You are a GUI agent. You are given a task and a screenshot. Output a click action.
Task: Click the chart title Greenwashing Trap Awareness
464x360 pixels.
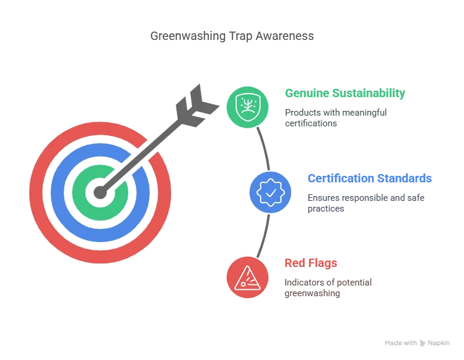click(x=232, y=36)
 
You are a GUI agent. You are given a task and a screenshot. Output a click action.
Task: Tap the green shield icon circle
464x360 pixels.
click(x=248, y=107)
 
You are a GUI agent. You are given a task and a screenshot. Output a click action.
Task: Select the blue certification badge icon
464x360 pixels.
click(x=270, y=193)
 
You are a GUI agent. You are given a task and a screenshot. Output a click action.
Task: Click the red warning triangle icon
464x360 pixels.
click(x=248, y=278)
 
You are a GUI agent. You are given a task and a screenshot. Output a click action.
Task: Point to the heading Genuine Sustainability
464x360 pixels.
click(x=345, y=93)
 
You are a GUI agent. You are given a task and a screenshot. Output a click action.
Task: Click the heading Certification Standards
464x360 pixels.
click(x=370, y=178)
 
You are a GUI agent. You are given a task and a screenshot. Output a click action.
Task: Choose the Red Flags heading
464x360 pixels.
click(x=311, y=263)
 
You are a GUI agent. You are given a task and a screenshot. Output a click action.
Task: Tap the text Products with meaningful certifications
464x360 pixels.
click(x=336, y=118)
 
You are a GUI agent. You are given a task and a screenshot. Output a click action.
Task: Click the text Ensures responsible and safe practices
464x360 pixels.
click(x=366, y=203)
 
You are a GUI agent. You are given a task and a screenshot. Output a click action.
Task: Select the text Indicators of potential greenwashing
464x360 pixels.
click(x=328, y=288)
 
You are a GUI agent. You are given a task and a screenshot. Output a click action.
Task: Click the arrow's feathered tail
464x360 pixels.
click(x=196, y=106)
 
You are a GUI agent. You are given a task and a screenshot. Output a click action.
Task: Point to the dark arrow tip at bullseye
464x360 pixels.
click(x=100, y=193)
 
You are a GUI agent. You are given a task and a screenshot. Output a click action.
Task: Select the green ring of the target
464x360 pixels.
click(x=79, y=193)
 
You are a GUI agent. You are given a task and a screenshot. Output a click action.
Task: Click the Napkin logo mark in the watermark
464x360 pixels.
click(x=423, y=343)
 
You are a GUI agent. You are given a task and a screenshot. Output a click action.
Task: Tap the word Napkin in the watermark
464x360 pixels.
click(x=438, y=343)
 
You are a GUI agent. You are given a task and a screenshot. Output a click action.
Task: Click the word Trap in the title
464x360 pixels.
click(x=240, y=36)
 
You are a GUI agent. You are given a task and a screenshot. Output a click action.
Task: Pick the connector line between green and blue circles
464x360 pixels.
click(x=264, y=148)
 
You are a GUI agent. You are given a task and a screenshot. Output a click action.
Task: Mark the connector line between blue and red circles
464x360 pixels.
click(x=264, y=236)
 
